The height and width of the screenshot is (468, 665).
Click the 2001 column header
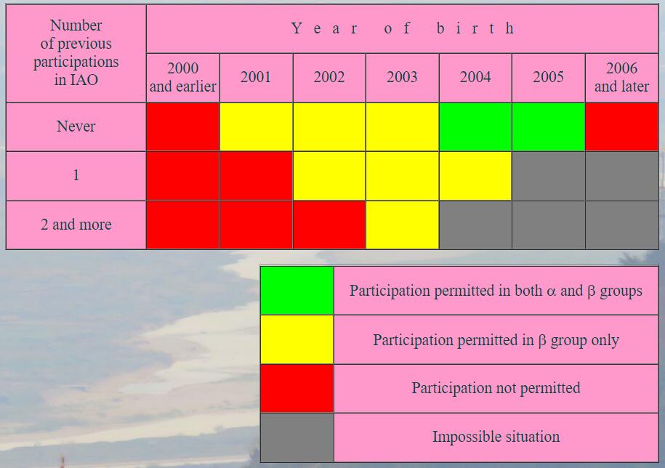[256, 77]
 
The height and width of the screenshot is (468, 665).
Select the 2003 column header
[402, 77]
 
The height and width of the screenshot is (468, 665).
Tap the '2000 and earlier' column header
[183, 77]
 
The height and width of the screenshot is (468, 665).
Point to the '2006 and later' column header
[621, 77]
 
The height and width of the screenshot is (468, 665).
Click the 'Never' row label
[76, 126]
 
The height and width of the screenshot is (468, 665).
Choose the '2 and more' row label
[76, 225]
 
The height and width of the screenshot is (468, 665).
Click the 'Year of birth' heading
[403, 28]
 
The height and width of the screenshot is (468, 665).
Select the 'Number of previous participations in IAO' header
[76, 52]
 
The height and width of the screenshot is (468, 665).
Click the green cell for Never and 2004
[475, 126]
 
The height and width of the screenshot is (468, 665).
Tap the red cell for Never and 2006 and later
[621, 126]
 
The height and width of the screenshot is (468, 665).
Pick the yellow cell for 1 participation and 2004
[475, 176]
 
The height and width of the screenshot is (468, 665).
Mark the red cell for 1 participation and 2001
[256, 176]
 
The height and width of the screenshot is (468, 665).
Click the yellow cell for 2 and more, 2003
[402, 225]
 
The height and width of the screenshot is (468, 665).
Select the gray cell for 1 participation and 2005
[549, 176]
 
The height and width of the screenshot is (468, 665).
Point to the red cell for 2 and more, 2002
[329, 225]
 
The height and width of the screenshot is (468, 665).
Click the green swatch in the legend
[297, 291]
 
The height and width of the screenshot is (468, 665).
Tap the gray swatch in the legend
[297, 437]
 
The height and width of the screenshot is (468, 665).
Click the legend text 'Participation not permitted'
[496, 388]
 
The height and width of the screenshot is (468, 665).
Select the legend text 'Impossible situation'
[496, 437]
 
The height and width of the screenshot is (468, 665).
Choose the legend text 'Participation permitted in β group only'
[496, 340]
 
